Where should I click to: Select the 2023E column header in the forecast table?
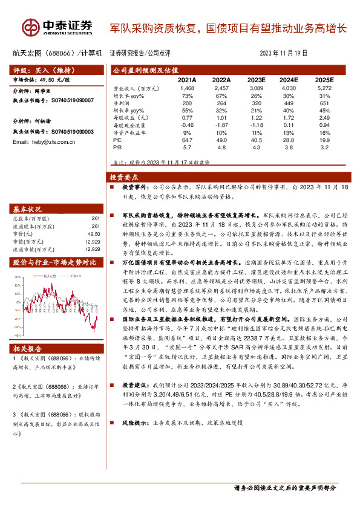coord(257,80)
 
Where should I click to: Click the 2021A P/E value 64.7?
coord(187,139)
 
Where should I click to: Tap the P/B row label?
coord(117,146)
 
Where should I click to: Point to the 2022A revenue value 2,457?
coord(221,88)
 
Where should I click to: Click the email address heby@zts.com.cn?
coord(43,141)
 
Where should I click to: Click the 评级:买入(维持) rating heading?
coord(43,70)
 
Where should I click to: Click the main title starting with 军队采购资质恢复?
coord(228,28)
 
